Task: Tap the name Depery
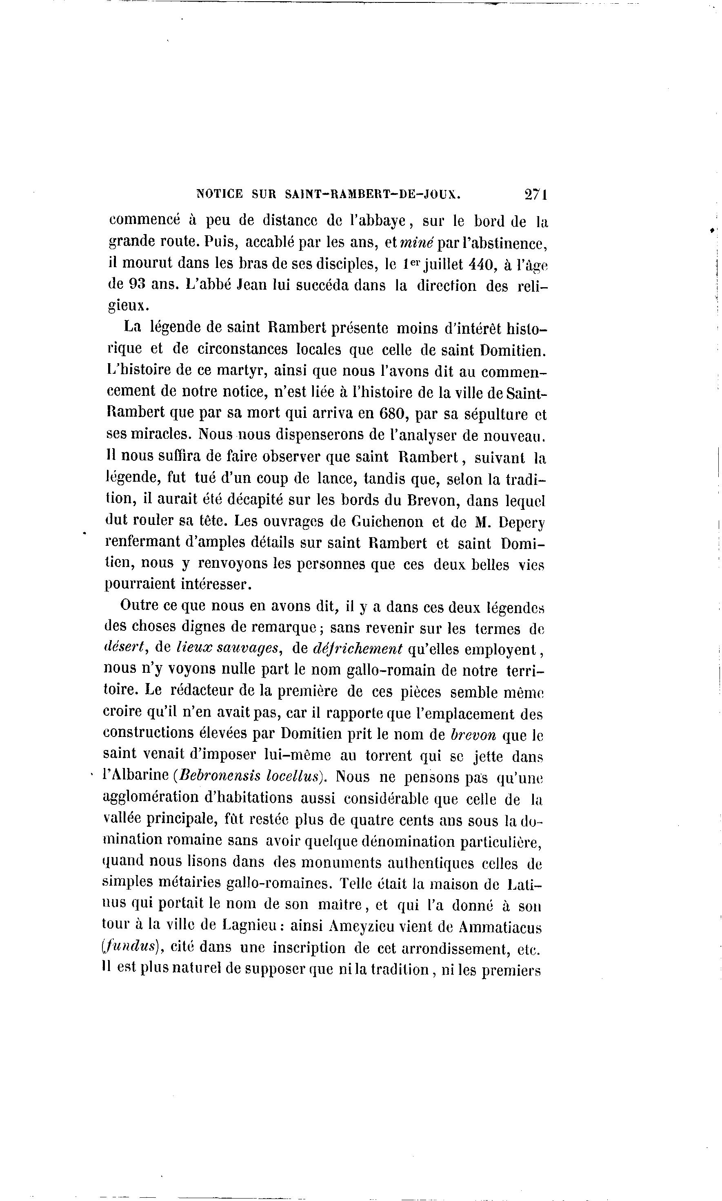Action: (x=522, y=522)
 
